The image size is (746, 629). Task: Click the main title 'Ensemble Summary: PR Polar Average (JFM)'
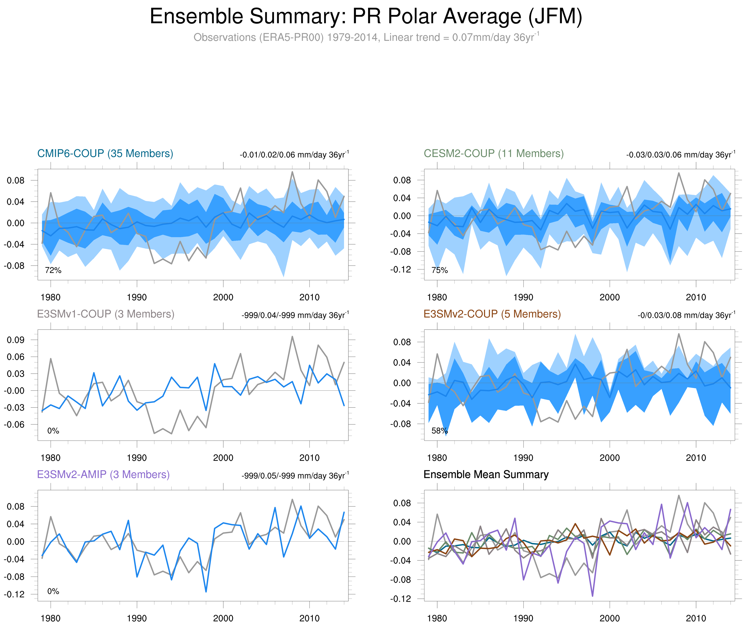point(366,17)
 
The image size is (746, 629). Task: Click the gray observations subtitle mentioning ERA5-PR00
point(366,37)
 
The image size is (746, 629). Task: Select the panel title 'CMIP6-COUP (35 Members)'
point(105,154)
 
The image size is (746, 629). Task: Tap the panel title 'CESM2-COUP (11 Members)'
point(494,154)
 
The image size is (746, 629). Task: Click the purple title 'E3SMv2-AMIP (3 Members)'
point(103,475)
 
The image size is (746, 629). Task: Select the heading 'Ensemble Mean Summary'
point(486,475)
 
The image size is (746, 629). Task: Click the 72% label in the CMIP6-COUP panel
point(53,271)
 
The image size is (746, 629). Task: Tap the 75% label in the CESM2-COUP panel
point(439,271)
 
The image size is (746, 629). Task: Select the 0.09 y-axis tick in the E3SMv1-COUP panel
point(16,340)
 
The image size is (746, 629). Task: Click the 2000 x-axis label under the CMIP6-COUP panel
point(223,297)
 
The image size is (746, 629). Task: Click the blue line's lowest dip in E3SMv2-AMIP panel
point(206,592)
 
